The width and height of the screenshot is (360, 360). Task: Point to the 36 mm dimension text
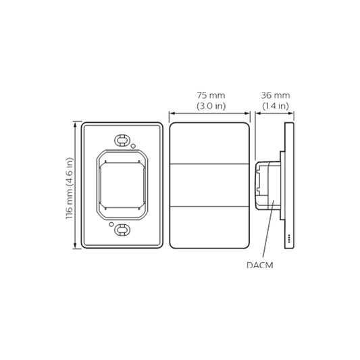275,96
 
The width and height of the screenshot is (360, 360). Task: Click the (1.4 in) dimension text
275,106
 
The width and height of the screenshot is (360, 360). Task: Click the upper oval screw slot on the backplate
122,140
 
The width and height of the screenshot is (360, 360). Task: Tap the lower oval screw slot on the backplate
122,230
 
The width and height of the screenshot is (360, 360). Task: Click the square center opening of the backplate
122,185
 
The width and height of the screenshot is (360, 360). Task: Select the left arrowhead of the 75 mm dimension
172,113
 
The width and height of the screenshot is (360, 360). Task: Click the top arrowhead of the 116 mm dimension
74,125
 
